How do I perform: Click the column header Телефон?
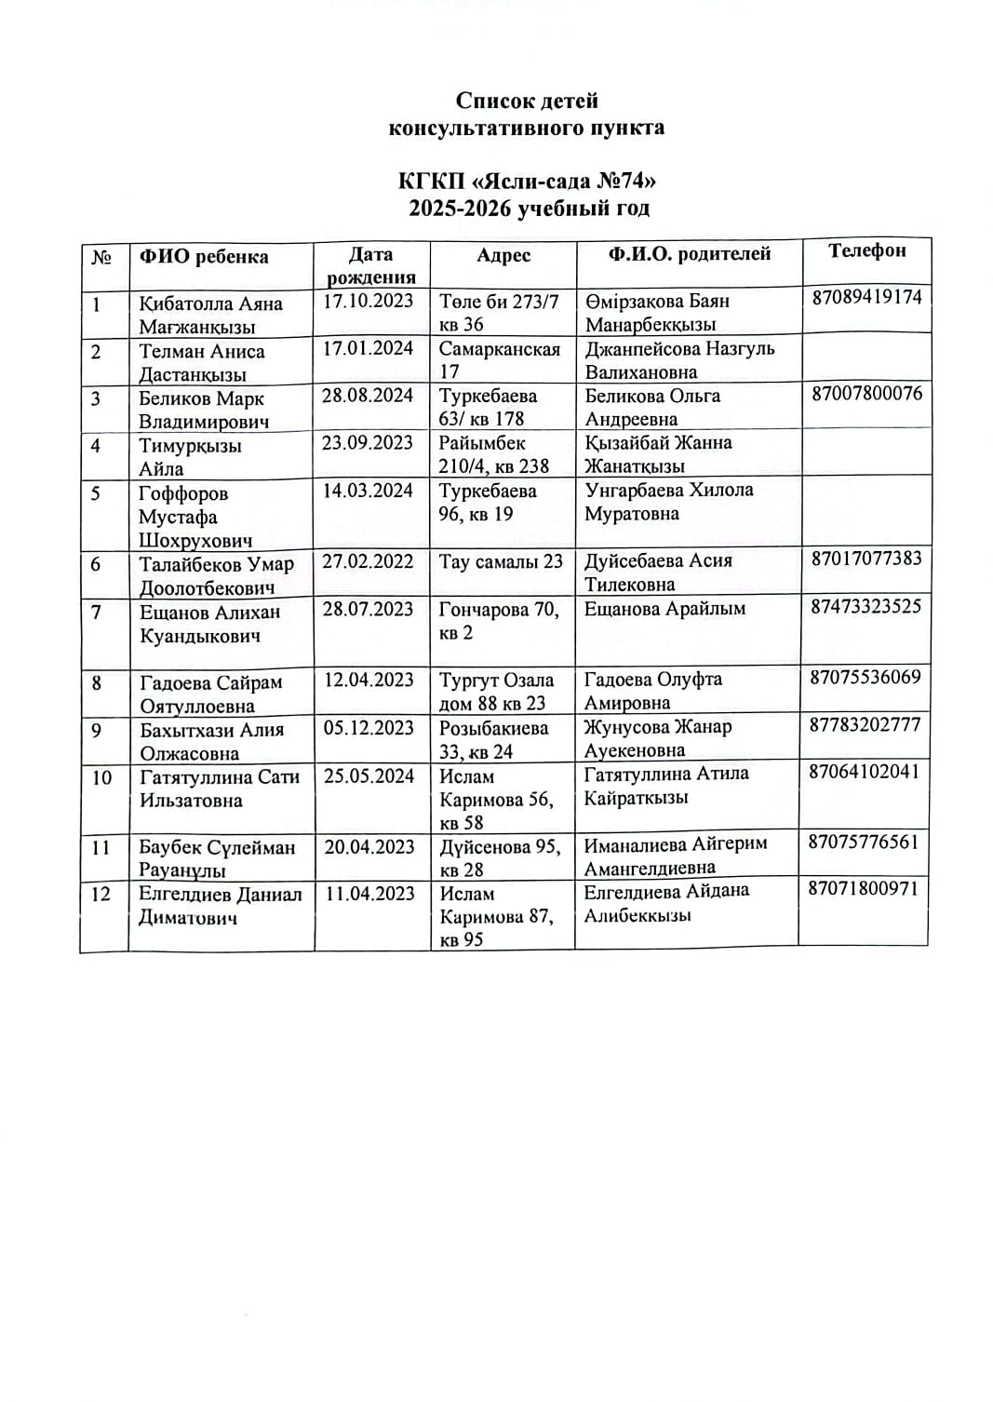[x=866, y=250]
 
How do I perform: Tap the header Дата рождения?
[x=370, y=265]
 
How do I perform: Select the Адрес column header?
[x=503, y=255]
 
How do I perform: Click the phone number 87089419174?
[x=866, y=297]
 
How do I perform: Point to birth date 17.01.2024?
[x=368, y=348]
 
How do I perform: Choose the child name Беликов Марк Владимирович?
[x=204, y=410]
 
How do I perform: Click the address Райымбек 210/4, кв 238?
[x=494, y=454]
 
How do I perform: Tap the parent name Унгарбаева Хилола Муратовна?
[x=668, y=502]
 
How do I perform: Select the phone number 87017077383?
[x=866, y=559]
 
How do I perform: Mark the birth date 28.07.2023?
[x=368, y=609]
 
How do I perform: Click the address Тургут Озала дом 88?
[x=496, y=692]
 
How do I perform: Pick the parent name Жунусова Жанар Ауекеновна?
[x=657, y=738]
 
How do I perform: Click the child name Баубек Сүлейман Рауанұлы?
[x=217, y=858]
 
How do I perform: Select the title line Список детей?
[x=527, y=101]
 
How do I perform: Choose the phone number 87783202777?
[x=865, y=724]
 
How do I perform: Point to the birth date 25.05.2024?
[x=369, y=775]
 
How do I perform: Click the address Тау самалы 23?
[x=501, y=561]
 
